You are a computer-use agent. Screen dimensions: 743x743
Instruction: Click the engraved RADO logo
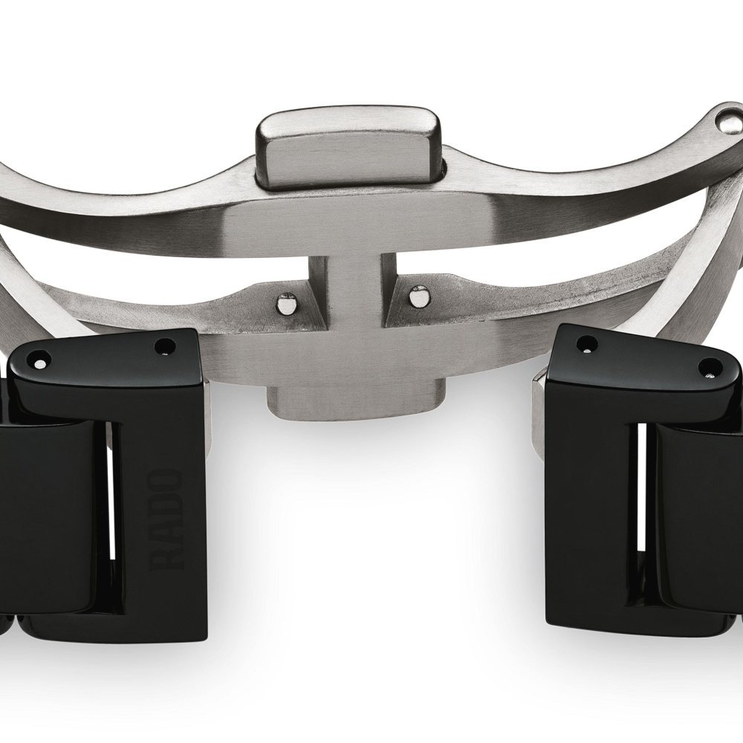pos(166,519)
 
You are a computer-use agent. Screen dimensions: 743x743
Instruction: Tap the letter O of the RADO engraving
pos(166,481)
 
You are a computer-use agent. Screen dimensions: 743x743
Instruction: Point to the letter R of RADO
pos(166,557)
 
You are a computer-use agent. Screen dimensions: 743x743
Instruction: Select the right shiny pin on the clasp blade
pos(419,295)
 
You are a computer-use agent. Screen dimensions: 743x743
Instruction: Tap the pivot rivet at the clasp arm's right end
pos(729,123)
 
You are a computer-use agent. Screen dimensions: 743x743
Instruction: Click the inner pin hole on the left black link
pos(165,347)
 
